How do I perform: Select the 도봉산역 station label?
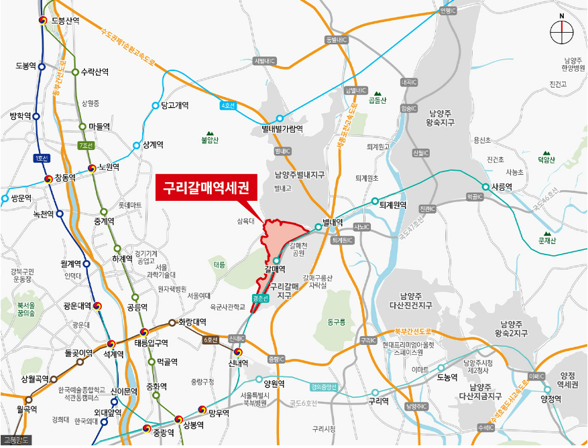tap(65, 21)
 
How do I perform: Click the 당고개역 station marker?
tap(156, 106)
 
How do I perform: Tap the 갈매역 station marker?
tap(276, 260)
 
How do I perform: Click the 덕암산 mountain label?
tap(546, 159)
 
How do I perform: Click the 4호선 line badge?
tap(228, 106)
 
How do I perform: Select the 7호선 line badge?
tap(86, 145)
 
